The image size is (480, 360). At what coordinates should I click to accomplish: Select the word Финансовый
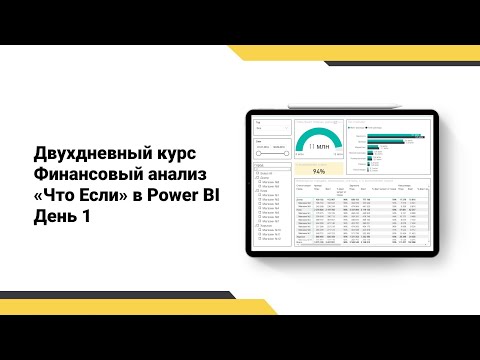[x=82, y=175]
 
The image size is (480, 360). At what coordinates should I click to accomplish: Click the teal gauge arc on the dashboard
[x=318, y=137]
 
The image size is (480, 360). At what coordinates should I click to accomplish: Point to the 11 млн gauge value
[x=318, y=147]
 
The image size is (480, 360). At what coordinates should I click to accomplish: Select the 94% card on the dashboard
[x=318, y=170]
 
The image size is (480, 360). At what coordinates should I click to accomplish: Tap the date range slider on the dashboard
[x=273, y=153]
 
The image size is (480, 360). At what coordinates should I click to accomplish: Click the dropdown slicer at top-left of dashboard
[x=273, y=129]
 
